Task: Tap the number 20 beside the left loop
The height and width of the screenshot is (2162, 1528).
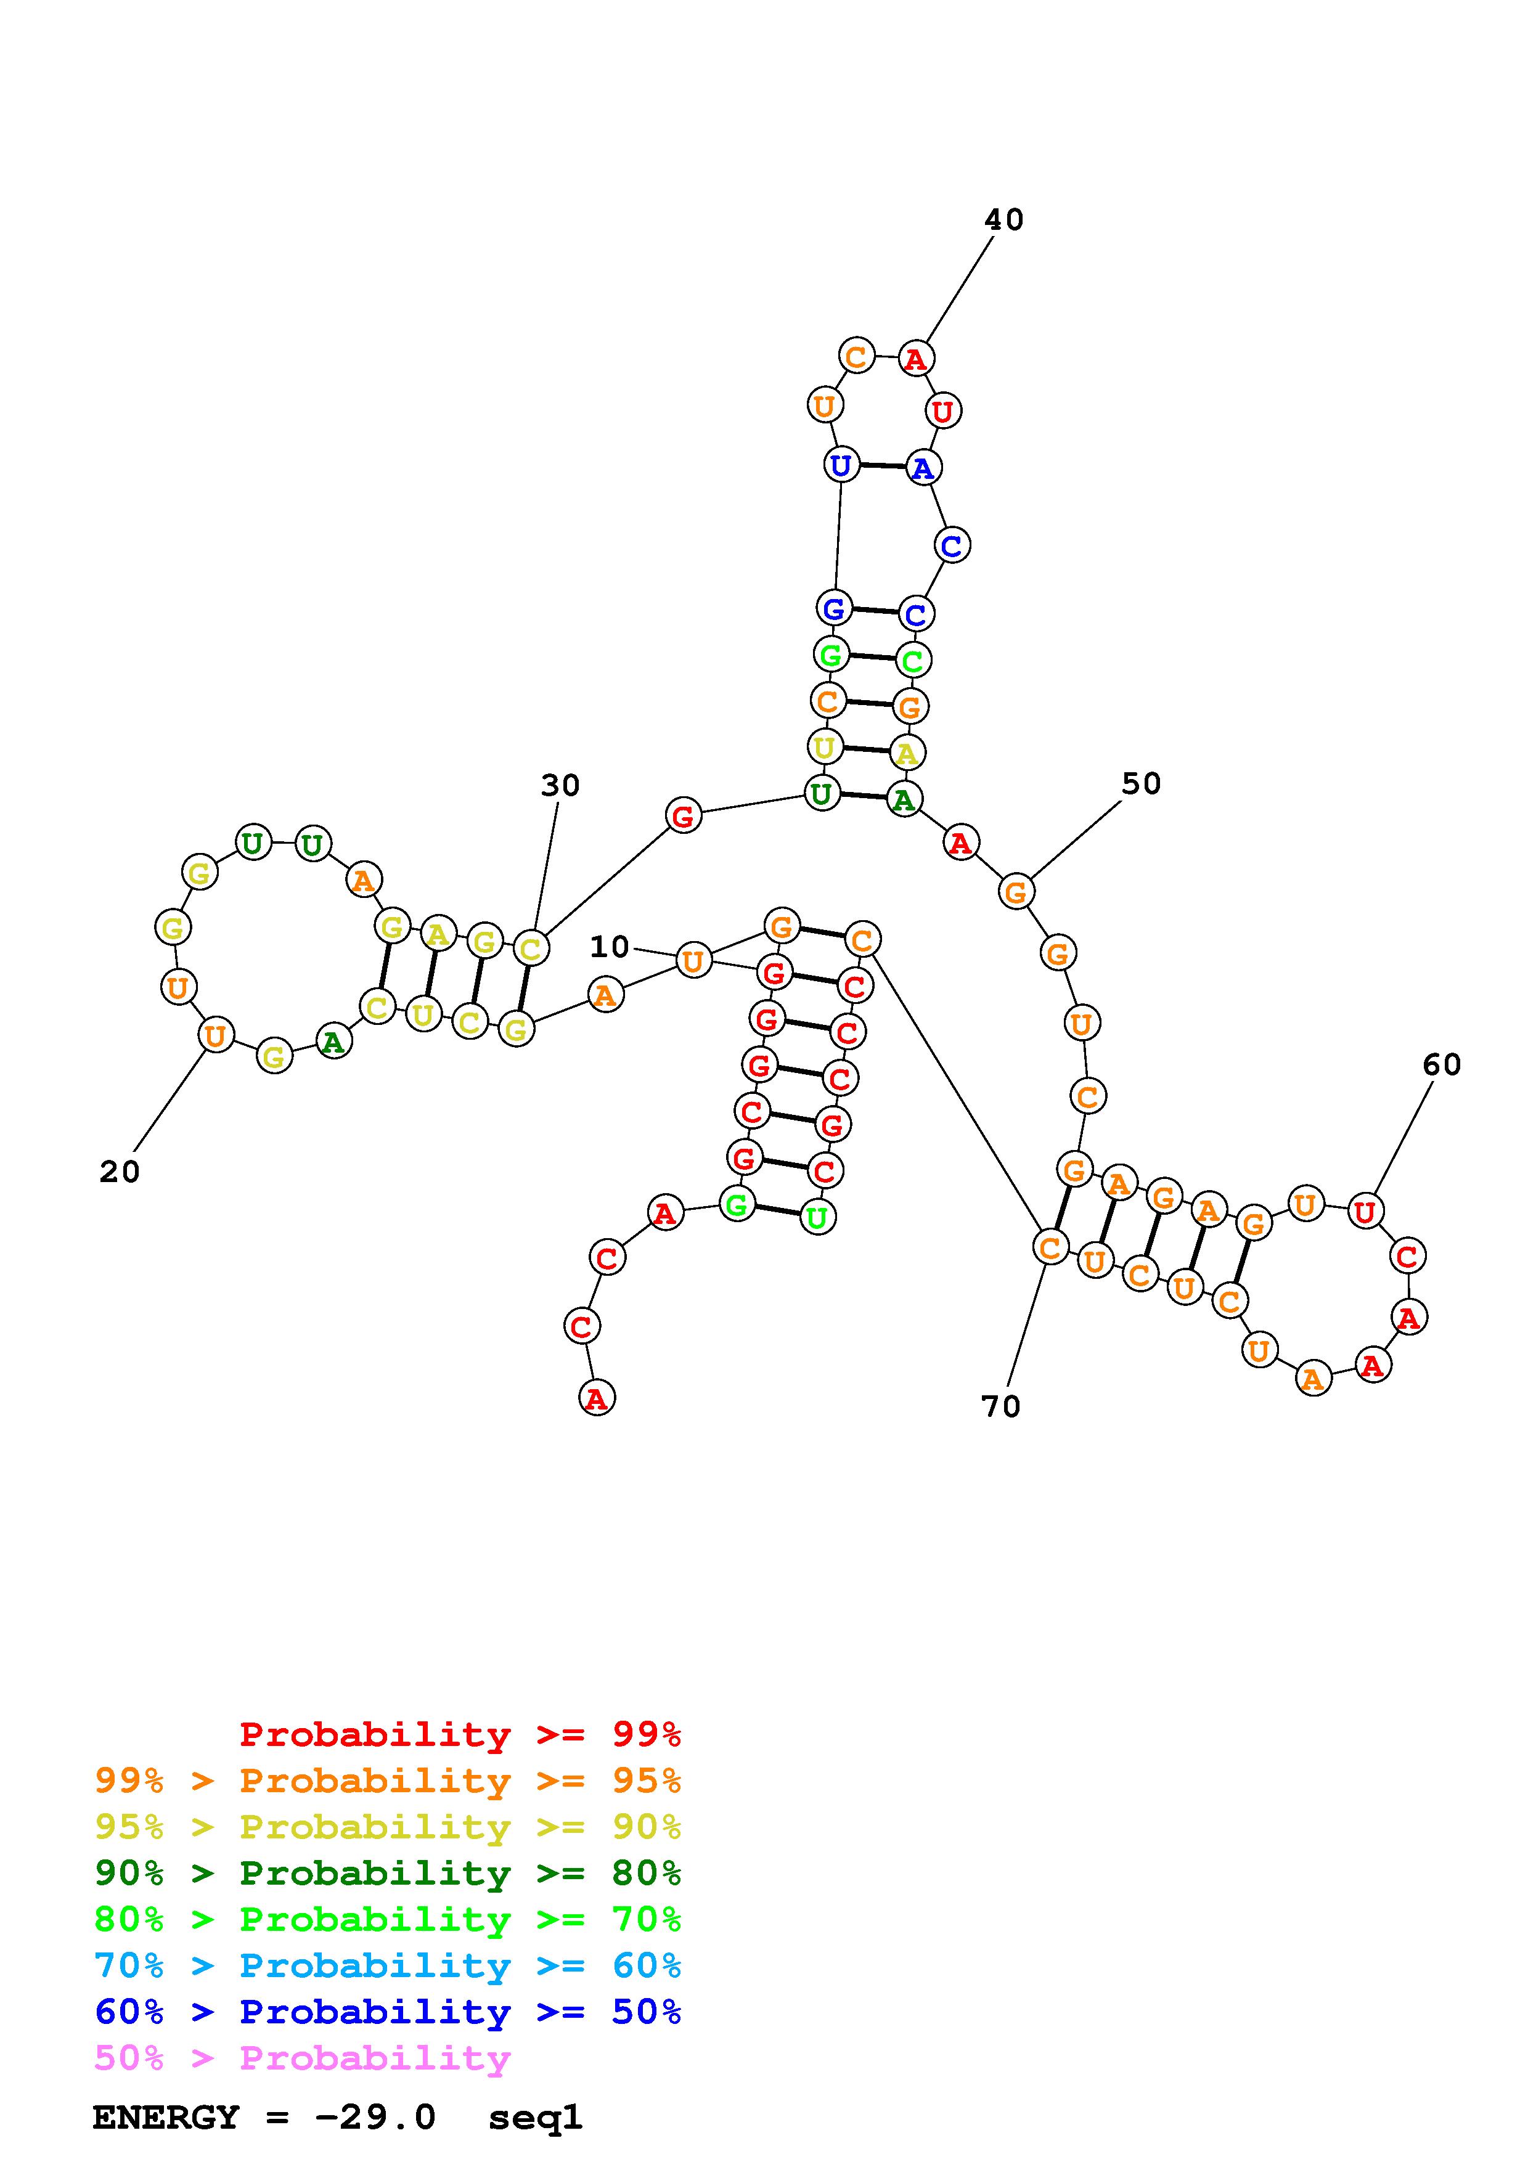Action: pyautogui.click(x=120, y=1172)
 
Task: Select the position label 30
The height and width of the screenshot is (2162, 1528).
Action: pyautogui.click(x=560, y=785)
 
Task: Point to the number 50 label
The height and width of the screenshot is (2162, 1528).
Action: pyautogui.click(x=1141, y=783)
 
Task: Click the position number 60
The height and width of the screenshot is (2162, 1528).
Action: pyautogui.click(x=1441, y=1065)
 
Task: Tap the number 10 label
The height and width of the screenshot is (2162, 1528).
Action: pyautogui.click(x=609, y=947)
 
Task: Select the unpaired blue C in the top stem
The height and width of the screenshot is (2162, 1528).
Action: pyautogui.click(x=952, y=545)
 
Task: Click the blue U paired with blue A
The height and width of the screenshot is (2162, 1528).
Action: pyautogui.click(x=841, y=465)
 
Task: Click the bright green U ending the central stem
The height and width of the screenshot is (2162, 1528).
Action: pyautogui.click(x=817, y=1218)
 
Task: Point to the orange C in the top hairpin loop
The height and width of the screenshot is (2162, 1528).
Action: pyautogui.click(x=856, y=357)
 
